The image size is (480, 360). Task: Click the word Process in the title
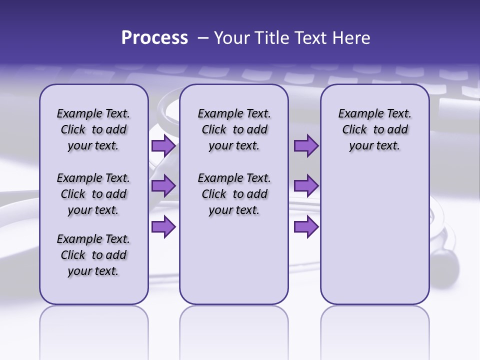(154, 38)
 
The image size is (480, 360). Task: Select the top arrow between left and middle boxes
(163, 146)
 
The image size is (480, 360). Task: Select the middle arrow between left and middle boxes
(163, 186)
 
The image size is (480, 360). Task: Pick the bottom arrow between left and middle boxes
(163, 227)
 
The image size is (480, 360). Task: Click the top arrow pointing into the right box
(306, 146)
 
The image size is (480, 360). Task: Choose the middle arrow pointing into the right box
(306, 186)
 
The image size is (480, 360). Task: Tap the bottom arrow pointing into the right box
(306, 227)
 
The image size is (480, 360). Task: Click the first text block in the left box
(93, 129)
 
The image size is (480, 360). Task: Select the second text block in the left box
(93, 194)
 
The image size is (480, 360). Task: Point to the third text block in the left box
(93, 255)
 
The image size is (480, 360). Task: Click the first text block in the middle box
(234, 129)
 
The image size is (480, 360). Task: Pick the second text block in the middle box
(234, 194)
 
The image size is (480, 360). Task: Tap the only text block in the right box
(374, 129)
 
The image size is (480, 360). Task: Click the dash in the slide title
(203, 38)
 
